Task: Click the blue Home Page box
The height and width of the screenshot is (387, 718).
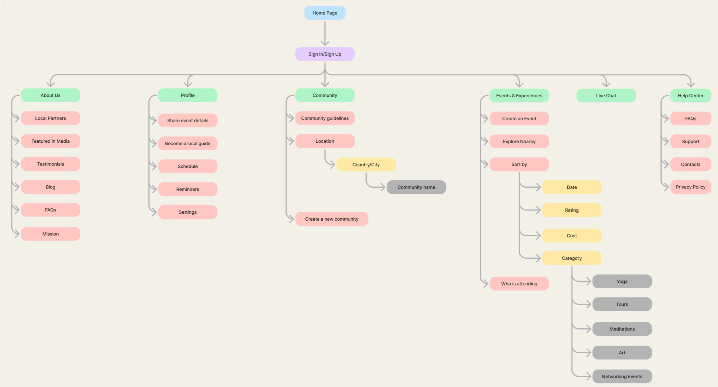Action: pyautogui.click(x=325, y=13)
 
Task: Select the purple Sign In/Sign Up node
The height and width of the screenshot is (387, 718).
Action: pyautogui.click(x=325, y=54)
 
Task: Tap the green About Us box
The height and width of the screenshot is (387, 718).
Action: pyautogui.click(x=51, y=95)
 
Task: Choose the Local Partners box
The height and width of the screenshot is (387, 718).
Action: pyautogui.click(x=51, y=118)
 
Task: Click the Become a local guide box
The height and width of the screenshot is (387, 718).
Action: pyautogui.click(x=188, y=143)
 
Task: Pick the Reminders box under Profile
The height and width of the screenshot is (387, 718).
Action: pyautogui.click(x=188, y=189)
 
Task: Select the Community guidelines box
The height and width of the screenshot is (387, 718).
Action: pyautogui.click(x=325, y=118)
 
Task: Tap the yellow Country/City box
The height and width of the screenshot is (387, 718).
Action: pyautogui.click(x=366, y=164)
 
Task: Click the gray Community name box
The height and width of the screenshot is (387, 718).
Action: pyautogui.click(x=416, y=187)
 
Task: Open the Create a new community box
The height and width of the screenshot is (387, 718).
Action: pyautogui.click(x=332, y=219)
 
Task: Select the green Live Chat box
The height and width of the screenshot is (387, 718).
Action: pyautogui.click(x=606, y=96)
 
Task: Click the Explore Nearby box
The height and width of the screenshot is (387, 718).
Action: pyautogui.click(x=519, y=141)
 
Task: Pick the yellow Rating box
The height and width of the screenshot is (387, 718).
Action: pyautogui.click(x=571, y=210)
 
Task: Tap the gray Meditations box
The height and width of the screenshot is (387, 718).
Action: pyautogui.click(x=622, y=329)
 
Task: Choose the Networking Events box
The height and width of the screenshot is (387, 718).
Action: pyautogui.click(x=622, y=377)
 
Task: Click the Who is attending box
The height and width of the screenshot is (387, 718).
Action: pyautogui.click(x=519, y=284)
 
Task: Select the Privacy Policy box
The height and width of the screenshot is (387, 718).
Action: pyautogui.click(x=690, y=187)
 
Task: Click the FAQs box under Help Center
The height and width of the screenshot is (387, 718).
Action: pyautogui.click(x=690, y=119)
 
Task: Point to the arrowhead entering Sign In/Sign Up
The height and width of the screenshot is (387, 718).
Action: pyautogui.click(x=325, y=43)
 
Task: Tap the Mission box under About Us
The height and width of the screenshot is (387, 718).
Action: pyautogui.click(x=51, y=234)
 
